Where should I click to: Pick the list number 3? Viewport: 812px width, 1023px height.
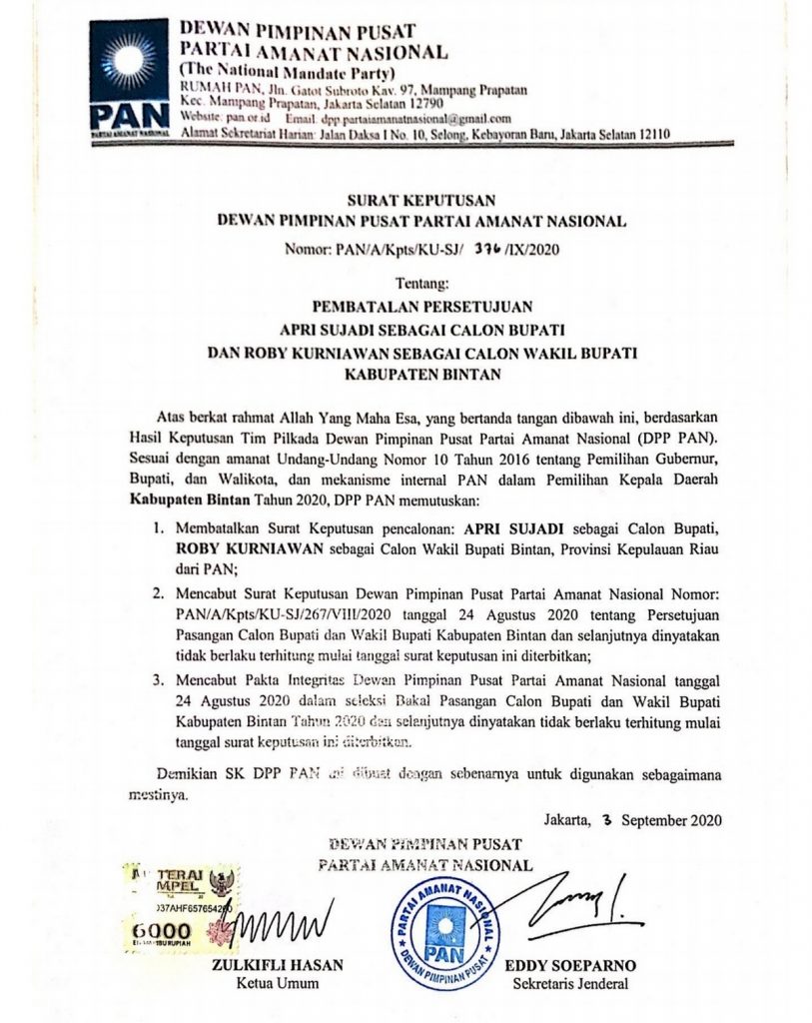coord(159,679)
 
